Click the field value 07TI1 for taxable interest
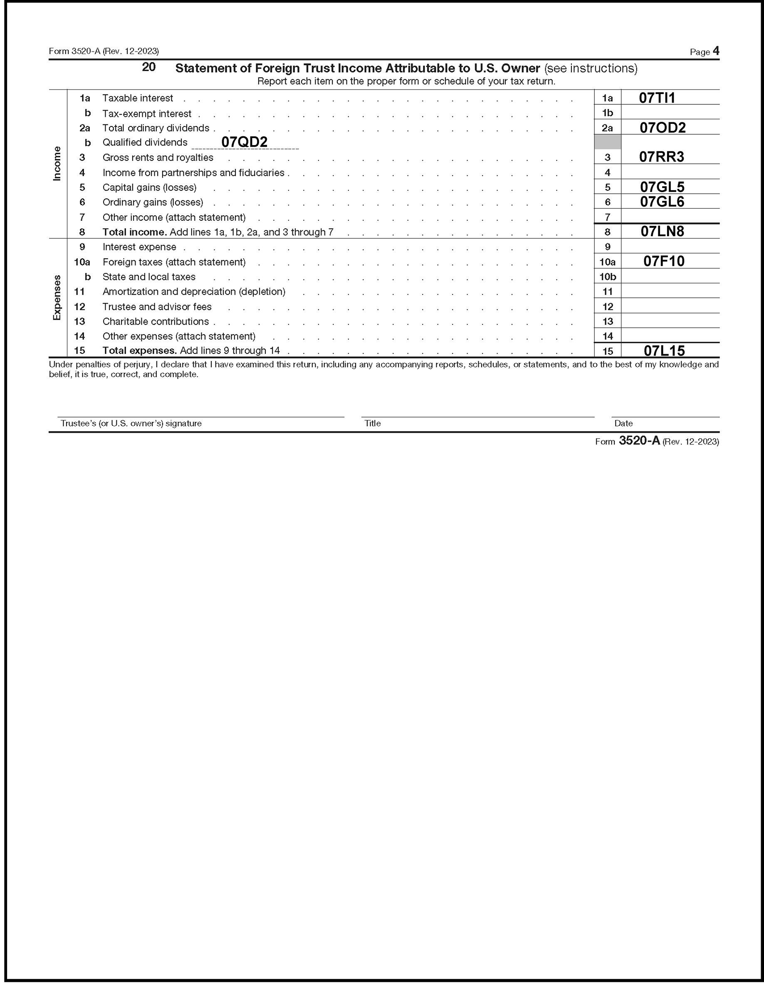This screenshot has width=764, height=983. pyautogui.click(x=657, y=98)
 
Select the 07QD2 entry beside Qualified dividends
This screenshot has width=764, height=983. pyautogui.click(x=244, y=142)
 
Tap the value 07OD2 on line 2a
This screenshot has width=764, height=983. pyautogui.click(x=662, y=128)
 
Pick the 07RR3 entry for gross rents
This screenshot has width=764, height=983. pyautogui.click(x=661, y=157)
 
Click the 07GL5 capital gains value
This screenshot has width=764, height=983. pyautogui.click(x=662, y=187)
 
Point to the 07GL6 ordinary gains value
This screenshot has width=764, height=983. pyautogui.click(x=662, y=202)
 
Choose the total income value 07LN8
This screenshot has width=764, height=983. pyautogui.click(x=662, y=231)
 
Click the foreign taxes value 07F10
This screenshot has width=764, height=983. pyautogui.click(x=664, y=261)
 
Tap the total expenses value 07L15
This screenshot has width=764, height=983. pyautogui.click(x=664, y=351)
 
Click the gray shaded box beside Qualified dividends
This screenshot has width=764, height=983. pyautogui.click(x=607, y=142)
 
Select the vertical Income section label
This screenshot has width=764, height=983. pyautogui.click(x=57, y=164)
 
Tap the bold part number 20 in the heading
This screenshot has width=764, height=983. pyautogui.click(x=148, y=67)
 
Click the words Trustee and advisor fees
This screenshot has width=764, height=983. pyautogui.click(x=157, y=306)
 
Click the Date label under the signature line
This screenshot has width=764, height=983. pyautogui.click(x=623, y=424)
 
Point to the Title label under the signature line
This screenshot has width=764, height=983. pyautogui.click(x=372, y=424)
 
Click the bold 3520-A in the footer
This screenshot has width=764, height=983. pyautogui.click(x=639, y=441)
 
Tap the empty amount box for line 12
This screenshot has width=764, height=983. pyautogui.click(x=670, y=306)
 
